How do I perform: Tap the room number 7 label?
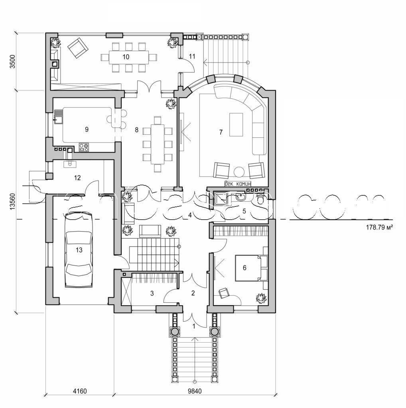click(221, 133)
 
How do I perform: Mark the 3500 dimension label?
click(12, 62)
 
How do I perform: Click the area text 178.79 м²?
click(379, 228)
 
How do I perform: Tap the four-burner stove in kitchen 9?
click(84, 148)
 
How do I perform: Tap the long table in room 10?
click(126, 57)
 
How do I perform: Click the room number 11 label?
click(192, 56)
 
